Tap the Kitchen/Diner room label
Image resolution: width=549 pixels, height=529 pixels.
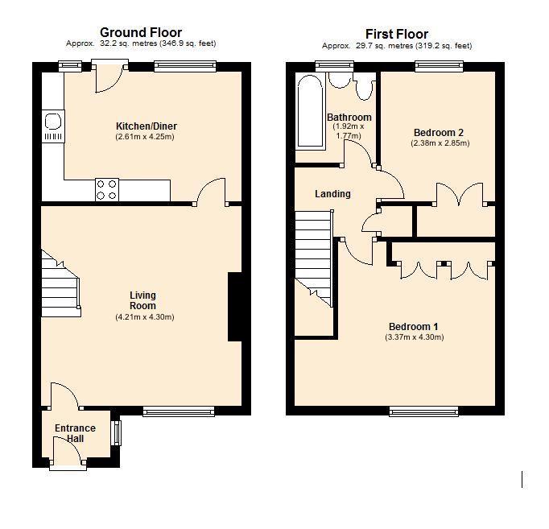146,126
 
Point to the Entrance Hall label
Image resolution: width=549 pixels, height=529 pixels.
75,433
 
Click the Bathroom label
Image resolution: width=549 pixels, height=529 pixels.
349,118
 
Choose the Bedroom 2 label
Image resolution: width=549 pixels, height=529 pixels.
439,133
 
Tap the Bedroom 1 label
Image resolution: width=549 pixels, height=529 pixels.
413,326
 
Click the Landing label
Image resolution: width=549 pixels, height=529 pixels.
332,194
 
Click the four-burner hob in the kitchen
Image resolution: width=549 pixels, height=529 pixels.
107,188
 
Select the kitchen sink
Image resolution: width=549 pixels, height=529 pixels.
53,122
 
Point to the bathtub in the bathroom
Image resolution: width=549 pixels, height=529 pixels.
309,112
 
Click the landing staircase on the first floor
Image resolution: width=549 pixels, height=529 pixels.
314,258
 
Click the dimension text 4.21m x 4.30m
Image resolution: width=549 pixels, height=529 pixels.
144,317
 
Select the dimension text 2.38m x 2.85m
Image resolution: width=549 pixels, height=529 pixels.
440,143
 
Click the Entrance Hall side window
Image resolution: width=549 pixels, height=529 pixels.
115,432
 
